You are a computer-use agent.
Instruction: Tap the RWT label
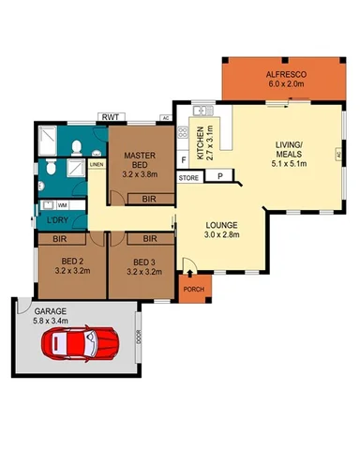coord(110,117)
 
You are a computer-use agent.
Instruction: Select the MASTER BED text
coord(139,159)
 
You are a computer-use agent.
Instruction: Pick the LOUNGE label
coord(222,226)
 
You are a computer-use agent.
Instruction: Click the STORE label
coord(188,176)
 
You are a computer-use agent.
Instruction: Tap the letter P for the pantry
coord(219,176)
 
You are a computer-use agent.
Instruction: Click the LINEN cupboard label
coord(97,164)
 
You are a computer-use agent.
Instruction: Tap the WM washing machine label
coord(62,204)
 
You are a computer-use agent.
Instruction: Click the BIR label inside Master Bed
coord(148,200)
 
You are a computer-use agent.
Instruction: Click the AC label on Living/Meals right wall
coord(336,155)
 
